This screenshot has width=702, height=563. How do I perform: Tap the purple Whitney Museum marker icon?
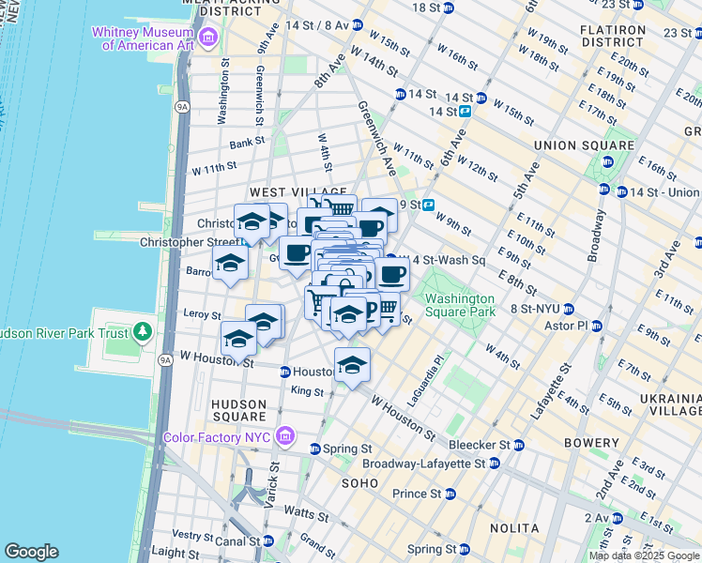[207, 38]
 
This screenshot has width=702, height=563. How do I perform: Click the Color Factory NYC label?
[217, 437]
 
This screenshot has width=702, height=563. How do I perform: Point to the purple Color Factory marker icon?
[286, 437]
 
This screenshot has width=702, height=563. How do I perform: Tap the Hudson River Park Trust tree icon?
[142, 331]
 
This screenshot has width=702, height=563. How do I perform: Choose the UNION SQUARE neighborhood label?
[583, 145]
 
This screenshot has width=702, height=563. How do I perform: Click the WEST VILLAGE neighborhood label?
[267, 192]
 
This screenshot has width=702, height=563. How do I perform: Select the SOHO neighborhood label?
[359, 482]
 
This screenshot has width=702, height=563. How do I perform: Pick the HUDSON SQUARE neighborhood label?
[238, 409]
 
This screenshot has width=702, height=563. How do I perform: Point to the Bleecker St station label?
[484, 444]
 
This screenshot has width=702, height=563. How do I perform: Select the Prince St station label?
[417, 494]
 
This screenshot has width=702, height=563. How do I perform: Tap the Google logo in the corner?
[31, 552]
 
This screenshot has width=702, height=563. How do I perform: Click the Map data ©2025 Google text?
[643, 555]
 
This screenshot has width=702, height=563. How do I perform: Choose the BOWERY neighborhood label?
[592, 443]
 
